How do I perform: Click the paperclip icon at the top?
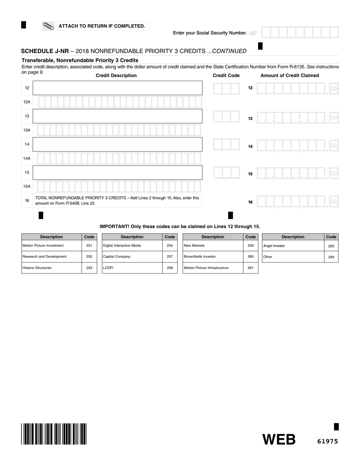(49, 26)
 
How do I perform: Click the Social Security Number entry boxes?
(300, 33)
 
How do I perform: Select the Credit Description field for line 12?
(117, 88)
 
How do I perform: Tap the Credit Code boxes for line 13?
(226, 116)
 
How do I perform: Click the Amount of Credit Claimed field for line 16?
(297, 202)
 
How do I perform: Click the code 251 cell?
(89, 246)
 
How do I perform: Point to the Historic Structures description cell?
(52, 268)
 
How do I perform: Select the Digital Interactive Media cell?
(132, 246)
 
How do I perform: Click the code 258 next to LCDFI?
(170, 268)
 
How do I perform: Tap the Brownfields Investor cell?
(213, 256)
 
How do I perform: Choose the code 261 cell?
(250, 268)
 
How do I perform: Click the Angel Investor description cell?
(293, 246)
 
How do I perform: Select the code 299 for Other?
(331, 257)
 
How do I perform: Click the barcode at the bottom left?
(54, 434)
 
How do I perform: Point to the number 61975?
(327, 441)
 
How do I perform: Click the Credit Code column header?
(226, 75)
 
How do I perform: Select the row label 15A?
(27, 186)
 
